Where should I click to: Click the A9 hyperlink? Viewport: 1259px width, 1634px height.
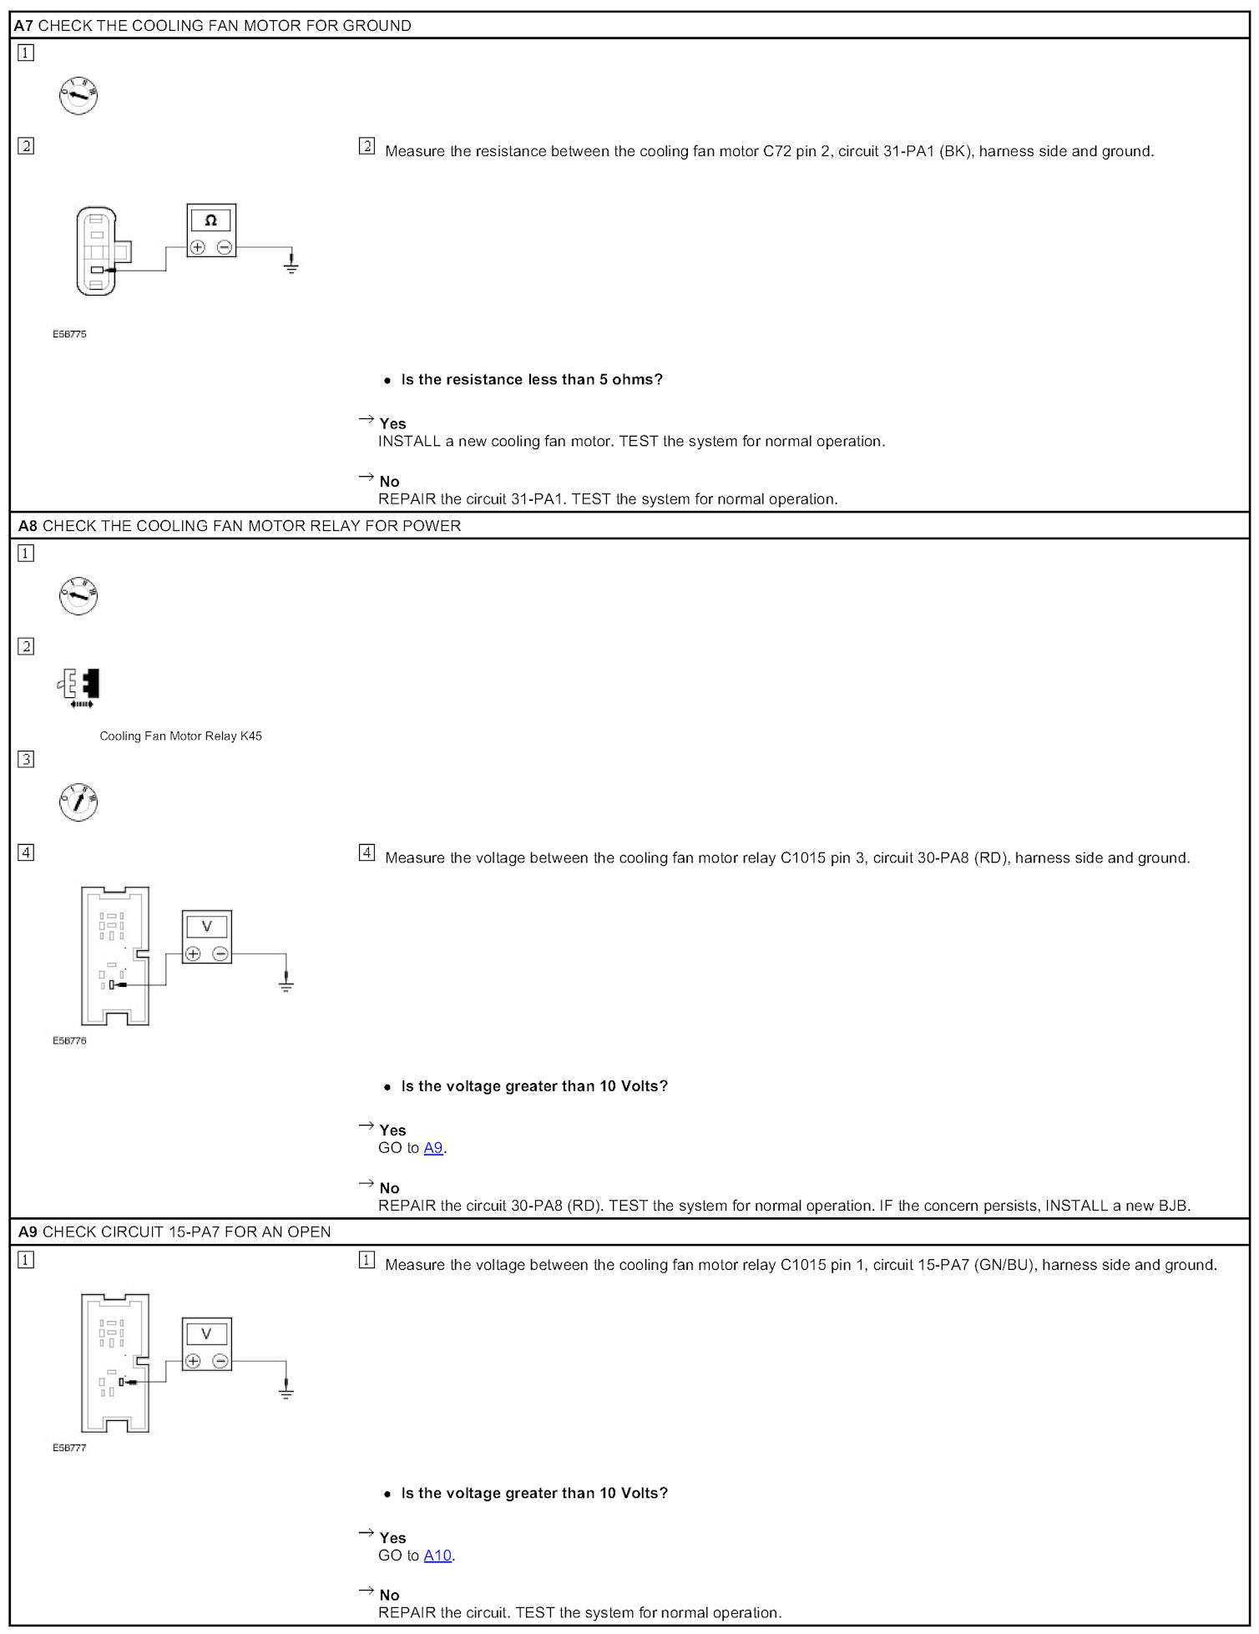[x=432, y=1147]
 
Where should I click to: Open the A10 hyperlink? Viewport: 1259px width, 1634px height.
[x=437, y=1555]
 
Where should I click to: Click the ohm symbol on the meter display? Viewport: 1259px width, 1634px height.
[x=210, y=220]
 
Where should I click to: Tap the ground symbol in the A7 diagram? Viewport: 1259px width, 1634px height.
[x=291, y=266]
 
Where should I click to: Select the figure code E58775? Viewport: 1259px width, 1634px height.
[x=69, y=334]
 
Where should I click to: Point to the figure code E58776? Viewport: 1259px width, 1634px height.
[x=69, y=1040]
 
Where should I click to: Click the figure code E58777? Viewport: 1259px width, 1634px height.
[x=69, y=1448]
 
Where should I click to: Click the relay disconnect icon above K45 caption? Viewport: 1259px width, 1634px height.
[x=80, y=687]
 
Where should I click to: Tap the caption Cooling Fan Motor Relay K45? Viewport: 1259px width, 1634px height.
[x=180, y=736]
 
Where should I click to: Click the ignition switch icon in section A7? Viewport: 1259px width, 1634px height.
[x=78, y=96]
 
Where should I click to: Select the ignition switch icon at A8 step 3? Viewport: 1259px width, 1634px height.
[x=78, y=802]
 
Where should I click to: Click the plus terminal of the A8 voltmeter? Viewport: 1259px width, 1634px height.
[x=193, y=954]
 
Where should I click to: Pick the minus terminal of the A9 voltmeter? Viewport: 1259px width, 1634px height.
[x=220, y=1361]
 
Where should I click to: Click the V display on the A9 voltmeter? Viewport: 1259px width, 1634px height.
[x=207, y=1333]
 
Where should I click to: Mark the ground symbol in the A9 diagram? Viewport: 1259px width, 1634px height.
[x=286, y=1391]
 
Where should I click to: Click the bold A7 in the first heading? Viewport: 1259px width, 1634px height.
[x=23, y=26]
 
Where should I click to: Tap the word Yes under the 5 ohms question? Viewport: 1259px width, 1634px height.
[x=392, y=423]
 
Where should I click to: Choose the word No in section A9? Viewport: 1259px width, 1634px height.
[x=389, y=1595]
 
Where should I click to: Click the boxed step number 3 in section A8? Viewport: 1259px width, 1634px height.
[x=26, y=759]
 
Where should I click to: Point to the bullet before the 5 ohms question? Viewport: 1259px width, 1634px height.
[x=387, y=381]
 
